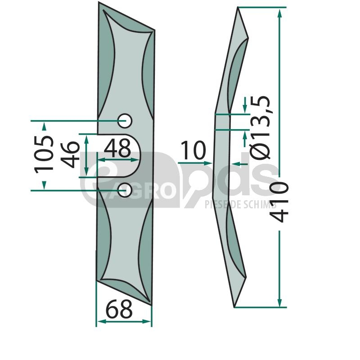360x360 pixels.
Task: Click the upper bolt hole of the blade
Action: point(125,121)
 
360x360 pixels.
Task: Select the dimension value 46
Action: point(70,154)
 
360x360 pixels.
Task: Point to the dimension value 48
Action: point(117,148)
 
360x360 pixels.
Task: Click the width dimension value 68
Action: point(119,309)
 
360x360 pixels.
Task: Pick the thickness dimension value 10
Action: point(193,150)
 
